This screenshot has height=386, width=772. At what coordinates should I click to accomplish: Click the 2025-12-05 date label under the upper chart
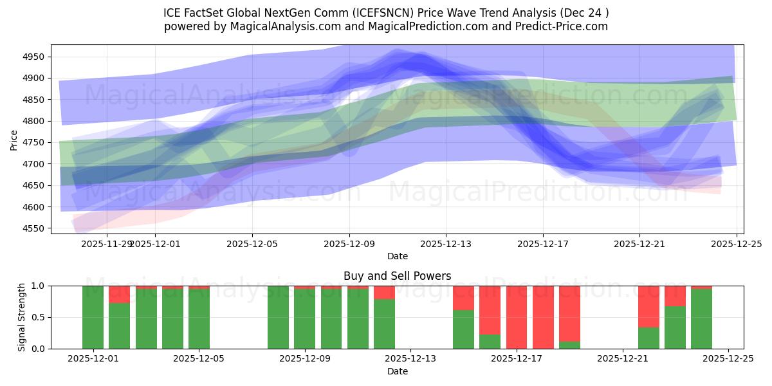point(252,244)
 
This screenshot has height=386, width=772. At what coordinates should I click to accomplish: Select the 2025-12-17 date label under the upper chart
point(542,244)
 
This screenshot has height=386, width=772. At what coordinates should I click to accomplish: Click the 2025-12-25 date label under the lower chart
point(728,359)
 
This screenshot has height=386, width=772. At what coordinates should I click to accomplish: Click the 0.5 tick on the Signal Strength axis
point(38,317)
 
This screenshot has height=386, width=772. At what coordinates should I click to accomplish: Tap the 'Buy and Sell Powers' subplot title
point(397,276)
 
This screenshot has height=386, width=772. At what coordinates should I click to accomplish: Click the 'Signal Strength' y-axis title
point(21,317)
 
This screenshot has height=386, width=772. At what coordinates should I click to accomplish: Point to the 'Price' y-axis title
point(14,139)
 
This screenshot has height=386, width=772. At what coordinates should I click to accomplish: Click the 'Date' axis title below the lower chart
point(397,371)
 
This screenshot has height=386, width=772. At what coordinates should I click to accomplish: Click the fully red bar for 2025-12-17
point(517,317)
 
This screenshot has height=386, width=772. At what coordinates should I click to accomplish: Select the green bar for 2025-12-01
point(93,317)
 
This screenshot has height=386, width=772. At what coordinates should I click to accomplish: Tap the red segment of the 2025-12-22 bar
point(648,306)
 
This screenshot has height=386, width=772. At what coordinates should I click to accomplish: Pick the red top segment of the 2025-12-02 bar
point(119,294)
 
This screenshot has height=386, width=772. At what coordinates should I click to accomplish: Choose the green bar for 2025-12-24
point(701,319)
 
